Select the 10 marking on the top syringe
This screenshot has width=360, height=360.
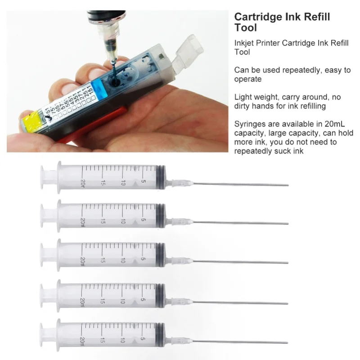pos(122,183)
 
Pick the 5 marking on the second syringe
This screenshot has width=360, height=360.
pos(143,220)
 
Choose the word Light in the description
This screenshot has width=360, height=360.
pos(243,97)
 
